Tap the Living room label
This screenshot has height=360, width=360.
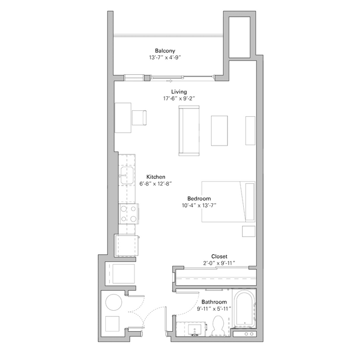tap(179, 92)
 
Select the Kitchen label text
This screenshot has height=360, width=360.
tap(156, 177)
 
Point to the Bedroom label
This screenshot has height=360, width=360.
tap(199, 198)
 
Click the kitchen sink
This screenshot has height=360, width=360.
tap(127, 177)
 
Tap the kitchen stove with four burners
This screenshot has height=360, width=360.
tap(129, 213)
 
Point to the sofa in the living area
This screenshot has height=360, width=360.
tap(189, 131)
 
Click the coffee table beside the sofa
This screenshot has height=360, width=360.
tap(219, 131)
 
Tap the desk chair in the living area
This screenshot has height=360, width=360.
tap(139, 117)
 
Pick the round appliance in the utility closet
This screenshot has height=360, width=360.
tap(114, 302)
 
